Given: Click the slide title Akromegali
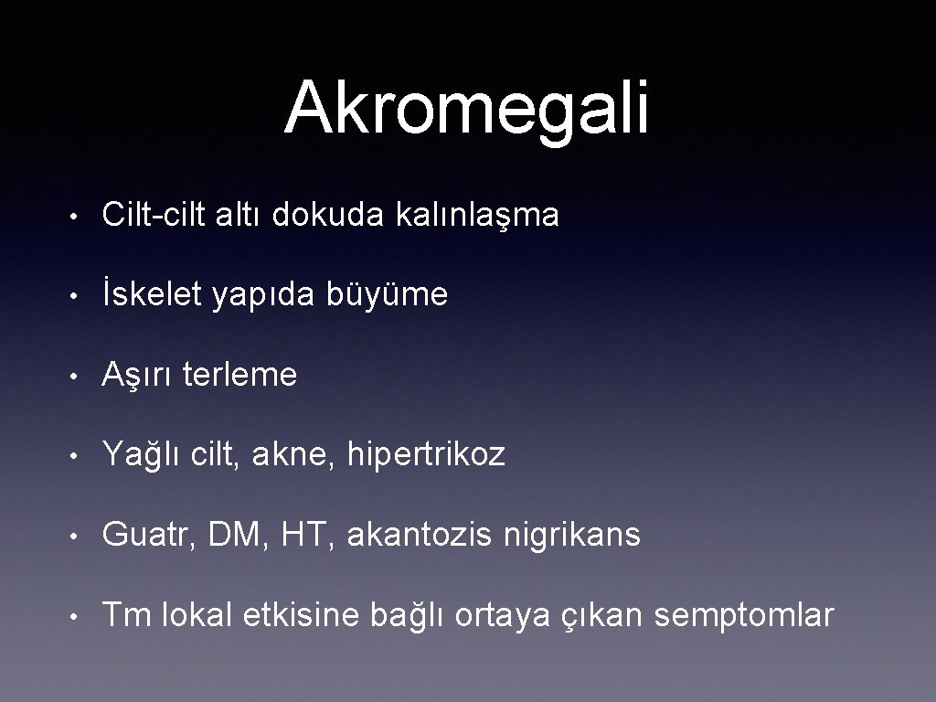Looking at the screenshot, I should [467, 108].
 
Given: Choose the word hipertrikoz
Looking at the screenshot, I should [426, 454].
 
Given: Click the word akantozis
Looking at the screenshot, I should [420, 535].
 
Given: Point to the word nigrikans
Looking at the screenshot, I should [572, 536].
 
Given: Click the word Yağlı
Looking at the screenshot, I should [143, 455].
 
